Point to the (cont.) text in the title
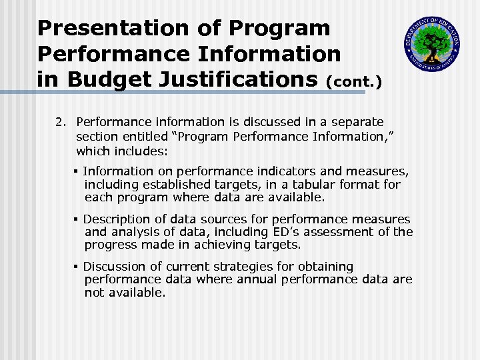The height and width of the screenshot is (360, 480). tap(354, 83)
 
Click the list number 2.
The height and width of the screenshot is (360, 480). tap(61, 122)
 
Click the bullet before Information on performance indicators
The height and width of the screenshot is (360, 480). tap(77, 171)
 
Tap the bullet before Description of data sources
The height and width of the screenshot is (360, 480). tap(77, 219)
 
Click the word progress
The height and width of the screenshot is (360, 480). tap(109, 245)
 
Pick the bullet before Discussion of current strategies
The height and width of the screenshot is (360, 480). tap(77, 267)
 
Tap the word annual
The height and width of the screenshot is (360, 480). tap(256, 279)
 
